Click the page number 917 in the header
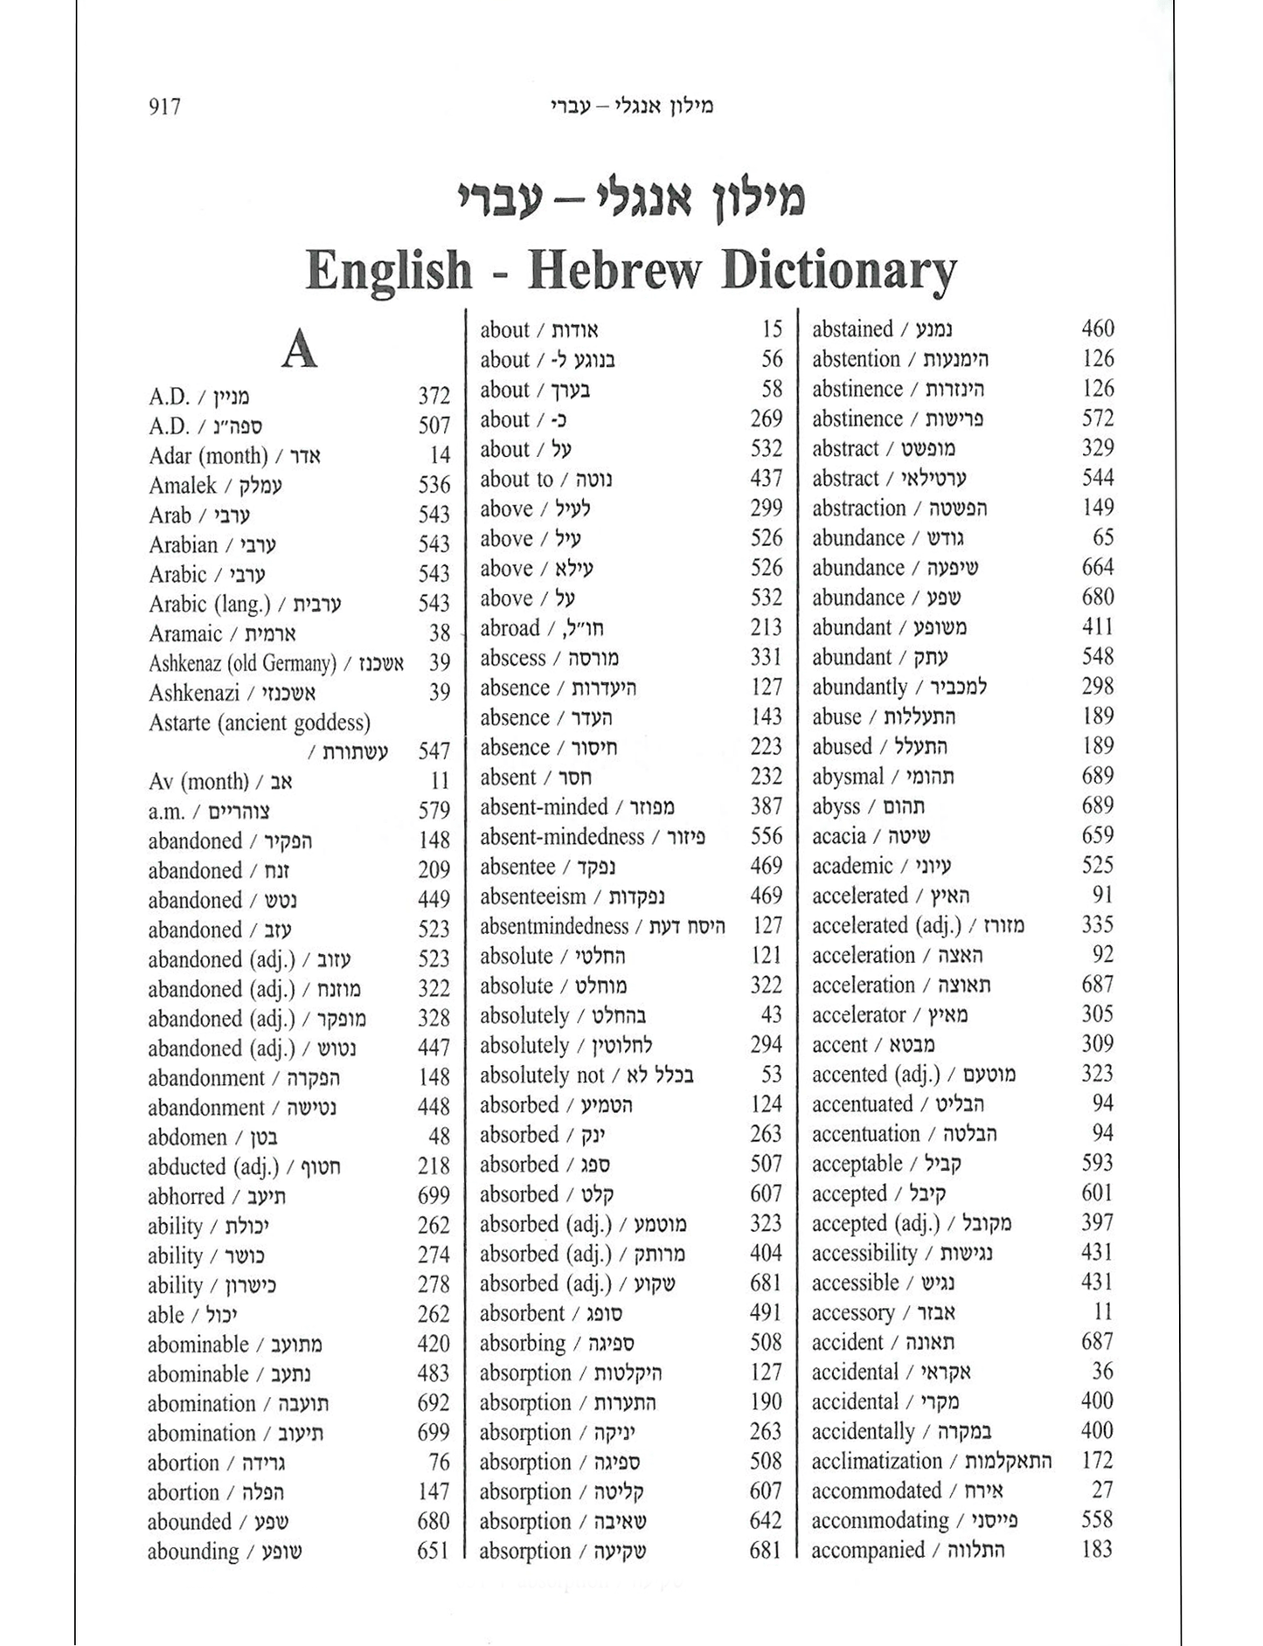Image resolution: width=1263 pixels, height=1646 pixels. tap(165, 107)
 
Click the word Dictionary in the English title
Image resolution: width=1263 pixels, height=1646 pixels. tap(838, 271)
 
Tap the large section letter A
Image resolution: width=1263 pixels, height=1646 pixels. tap(299, 351)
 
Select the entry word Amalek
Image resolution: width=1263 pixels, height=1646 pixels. tap(183, 486)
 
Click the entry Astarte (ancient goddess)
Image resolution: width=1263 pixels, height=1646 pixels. tap(260, 723)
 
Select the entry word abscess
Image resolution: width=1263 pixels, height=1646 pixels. tap(512, 659)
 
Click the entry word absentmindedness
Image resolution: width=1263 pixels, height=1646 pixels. tap(554, 926)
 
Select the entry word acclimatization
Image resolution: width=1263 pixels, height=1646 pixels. tap(877, 1462)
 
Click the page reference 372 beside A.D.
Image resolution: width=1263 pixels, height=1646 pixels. tap(434, 397)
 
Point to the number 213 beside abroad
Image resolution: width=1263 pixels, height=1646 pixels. tap(767, 628)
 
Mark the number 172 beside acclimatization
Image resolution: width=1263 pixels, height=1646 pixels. tap(1097, 1461)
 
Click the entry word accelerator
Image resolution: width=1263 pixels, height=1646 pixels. tap(858, 1015)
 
